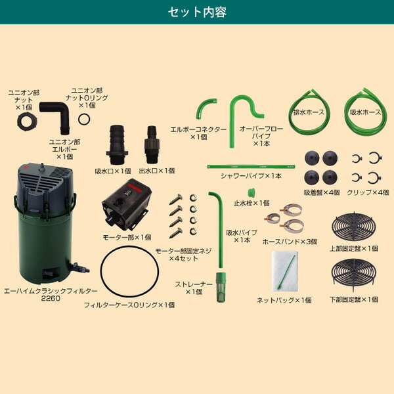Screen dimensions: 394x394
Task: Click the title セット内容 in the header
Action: tap(196, 12)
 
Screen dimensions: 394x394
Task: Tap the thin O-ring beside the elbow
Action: tap(84, 118)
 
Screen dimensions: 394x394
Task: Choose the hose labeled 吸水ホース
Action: tap(364, 111)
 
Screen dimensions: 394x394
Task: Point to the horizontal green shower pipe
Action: tap(247, 168)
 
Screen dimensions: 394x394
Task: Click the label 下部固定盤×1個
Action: tap(353, 299)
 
